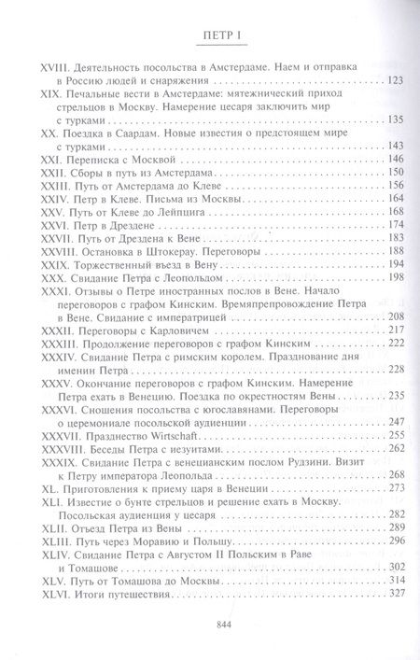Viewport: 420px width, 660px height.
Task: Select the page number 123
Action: [394, 82]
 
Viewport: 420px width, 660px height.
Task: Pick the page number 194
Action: [394, 264]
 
